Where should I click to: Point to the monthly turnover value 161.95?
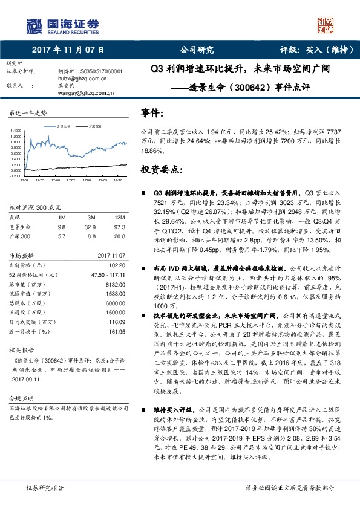116,332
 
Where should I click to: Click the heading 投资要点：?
159,170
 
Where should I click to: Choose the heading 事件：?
151,112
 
